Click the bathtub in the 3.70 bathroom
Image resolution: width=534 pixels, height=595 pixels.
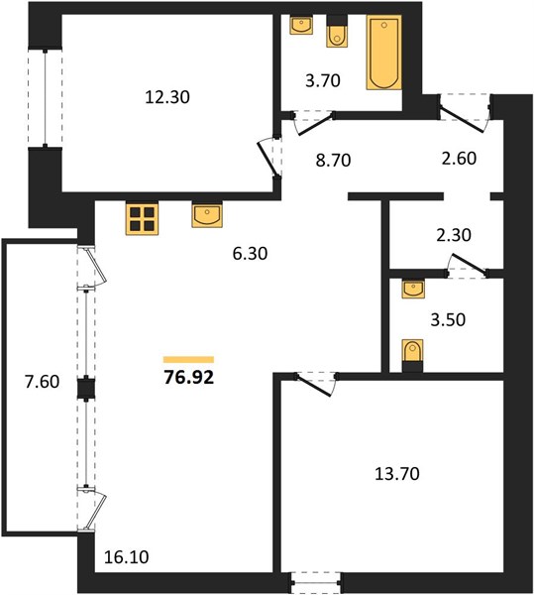(x=384, y=53)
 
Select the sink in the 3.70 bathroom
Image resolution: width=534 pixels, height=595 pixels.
(x=301, y=25)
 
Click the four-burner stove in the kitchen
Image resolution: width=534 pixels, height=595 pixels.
(x=142, y=219)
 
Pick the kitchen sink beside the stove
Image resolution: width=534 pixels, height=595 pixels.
(x=207, y=215)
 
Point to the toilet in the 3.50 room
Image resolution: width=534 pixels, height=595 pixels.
(x=412, y=355)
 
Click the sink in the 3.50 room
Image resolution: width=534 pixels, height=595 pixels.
(x=413, y=289)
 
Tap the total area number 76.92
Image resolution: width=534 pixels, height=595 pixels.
(x=189, y=377)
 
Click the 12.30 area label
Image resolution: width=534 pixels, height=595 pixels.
(x=167, y=97)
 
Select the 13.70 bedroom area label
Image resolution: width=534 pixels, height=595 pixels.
(x=397, y=474)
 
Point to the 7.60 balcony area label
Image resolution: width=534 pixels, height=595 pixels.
(x=42, y=382)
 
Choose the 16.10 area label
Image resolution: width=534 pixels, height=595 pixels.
(x=126, y=557)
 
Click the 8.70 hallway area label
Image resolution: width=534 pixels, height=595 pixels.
(x=333, y=160)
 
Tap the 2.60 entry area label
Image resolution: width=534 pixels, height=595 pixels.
(x=459, y=158)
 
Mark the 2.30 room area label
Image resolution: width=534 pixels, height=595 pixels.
(x=454, y=235)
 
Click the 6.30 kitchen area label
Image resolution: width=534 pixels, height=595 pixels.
(x=250, y=253)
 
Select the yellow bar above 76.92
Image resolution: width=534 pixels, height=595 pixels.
(x=189, y=360)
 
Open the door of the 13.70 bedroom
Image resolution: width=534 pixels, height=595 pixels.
(x=315, y=385)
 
